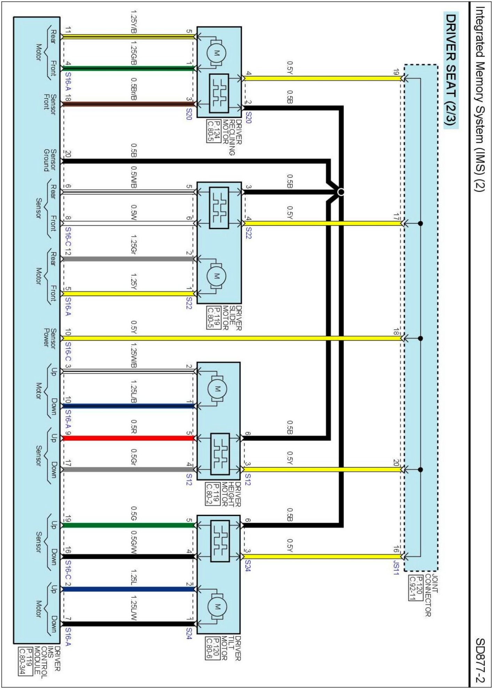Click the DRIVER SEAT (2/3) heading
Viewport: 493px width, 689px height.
[451, 70]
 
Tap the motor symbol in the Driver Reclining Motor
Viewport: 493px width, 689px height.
[217, 53]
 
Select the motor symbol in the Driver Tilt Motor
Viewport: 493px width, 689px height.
[218, 607]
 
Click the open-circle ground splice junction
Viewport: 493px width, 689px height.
[341, 192]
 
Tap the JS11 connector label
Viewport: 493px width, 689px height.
[396, 568]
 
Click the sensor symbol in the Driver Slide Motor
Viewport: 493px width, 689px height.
[219, 207]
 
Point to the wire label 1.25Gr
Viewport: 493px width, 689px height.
[133, 244]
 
